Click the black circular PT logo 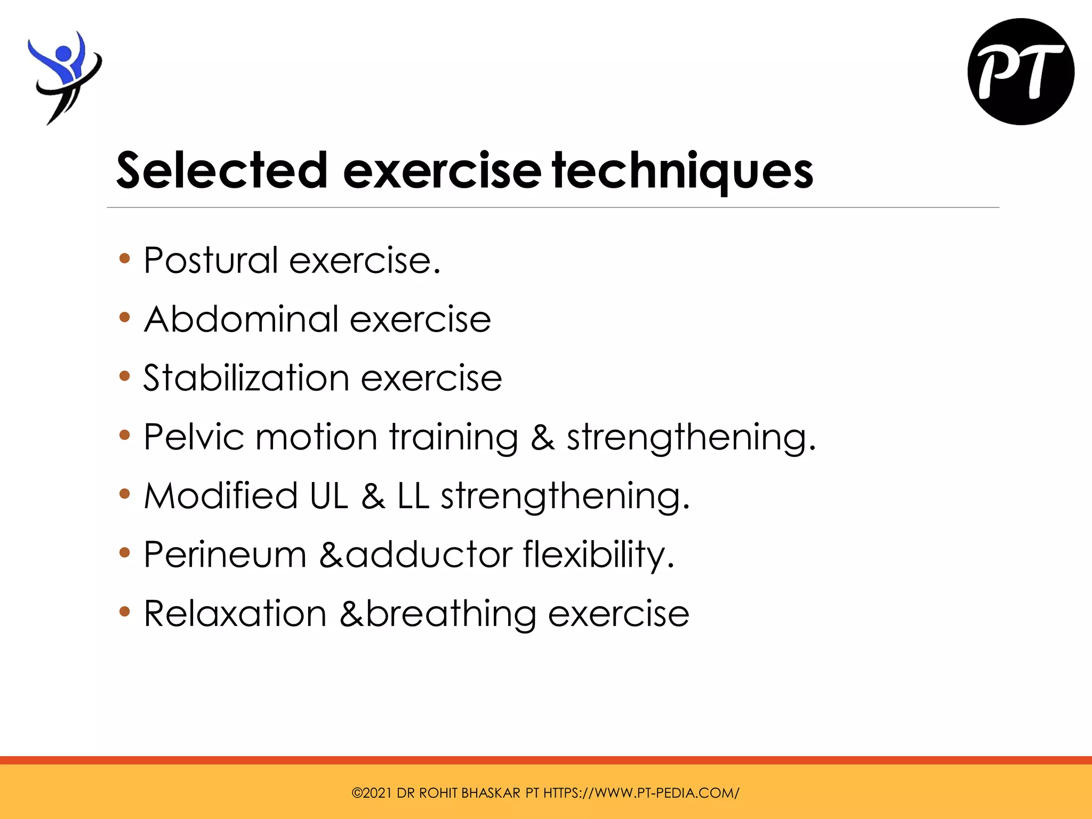pos(1021,72)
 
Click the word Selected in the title pos(222,170)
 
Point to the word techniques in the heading pos(682,170)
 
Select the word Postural pos(211,261)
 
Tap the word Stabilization pos(246,378)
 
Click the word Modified pos(220,496)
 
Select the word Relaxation pos(235,613)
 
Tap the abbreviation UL pos(328,496)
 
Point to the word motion pos(317,437)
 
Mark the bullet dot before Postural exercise pos(125,259)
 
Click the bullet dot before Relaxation pos(125,612)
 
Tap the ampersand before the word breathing pos(352,613)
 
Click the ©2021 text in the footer pos(371,793)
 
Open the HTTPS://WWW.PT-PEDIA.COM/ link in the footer pos(641,793)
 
